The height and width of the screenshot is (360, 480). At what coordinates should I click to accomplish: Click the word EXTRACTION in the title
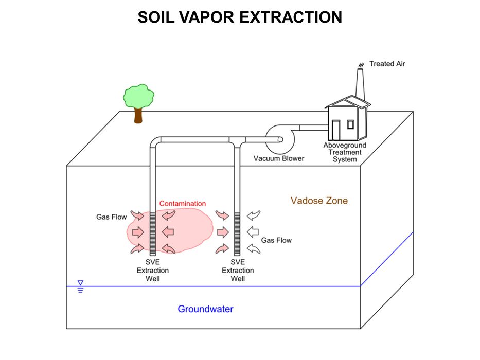[292, 18]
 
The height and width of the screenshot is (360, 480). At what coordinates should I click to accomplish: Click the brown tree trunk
[138, 115]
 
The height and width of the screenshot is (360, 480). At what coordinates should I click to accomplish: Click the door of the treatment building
[335, 128]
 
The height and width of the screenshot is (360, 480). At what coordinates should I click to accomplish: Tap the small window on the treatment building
[350, 124]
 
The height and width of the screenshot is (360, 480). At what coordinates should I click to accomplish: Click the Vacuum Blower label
[278, 158]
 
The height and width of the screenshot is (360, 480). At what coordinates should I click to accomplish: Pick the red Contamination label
[182, 204]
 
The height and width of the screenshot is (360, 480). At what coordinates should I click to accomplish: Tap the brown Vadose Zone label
[319, 201]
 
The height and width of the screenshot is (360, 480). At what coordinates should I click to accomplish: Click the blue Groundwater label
[205, 309]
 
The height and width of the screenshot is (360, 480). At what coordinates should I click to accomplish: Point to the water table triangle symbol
[80, 283]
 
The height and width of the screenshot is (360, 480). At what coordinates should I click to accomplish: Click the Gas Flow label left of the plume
[111, 217]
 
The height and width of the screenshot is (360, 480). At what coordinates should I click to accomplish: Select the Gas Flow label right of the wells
[276, 240]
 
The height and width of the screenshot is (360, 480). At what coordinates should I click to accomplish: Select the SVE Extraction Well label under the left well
[152, 271]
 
